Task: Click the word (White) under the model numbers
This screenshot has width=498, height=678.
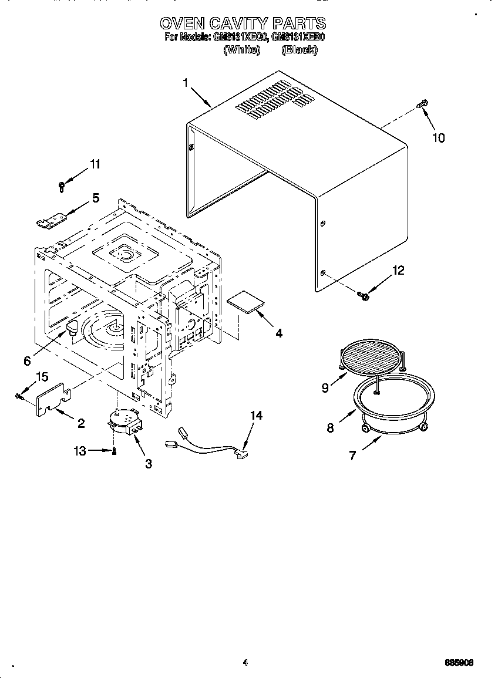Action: point(241,50)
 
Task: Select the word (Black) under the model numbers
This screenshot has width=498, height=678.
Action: point(300,50)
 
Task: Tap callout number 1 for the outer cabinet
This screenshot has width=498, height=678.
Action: point(186,83)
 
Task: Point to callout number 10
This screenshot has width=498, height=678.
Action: point(438,138)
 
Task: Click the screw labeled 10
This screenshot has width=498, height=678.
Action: point(421,104)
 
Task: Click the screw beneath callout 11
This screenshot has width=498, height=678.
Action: point(62,187)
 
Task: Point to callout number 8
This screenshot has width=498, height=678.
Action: point(330,428)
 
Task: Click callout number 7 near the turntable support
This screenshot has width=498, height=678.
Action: point(352,456)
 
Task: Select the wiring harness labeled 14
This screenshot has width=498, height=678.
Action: point(206,445)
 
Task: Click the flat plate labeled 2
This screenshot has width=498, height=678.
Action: point(53,399)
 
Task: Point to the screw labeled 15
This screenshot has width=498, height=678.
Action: point(19,397)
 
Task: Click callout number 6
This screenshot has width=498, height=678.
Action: point(27,361)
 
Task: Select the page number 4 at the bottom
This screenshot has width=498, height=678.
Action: point(245,663)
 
